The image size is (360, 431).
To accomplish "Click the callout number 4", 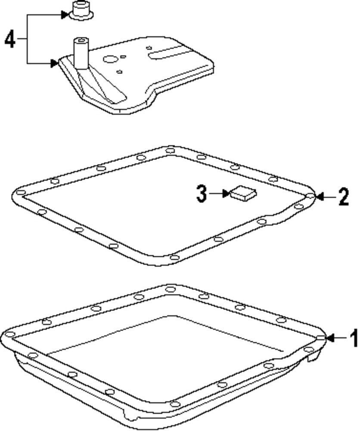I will pyautogui.click(x=10, y=40).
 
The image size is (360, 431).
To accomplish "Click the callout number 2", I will pyautogui.click(x=343, y=197).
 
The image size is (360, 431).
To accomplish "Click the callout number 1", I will pyautogui.click(x=354, y=338).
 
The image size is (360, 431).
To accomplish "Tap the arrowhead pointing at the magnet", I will pyautogui.click(x=227, y=194).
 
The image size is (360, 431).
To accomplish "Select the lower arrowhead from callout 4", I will pyautogui.click(x=54, y=63).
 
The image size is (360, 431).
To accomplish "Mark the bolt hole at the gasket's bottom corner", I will pyautogui.click(x=174, y=257).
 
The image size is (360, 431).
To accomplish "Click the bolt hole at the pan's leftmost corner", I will pyautogui.click(x=9, y=335).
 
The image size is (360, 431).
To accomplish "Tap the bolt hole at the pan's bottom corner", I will pyautogui.click(x=174, y=404).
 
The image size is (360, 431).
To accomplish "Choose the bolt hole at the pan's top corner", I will pyautogui.click(x=170, y=288).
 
